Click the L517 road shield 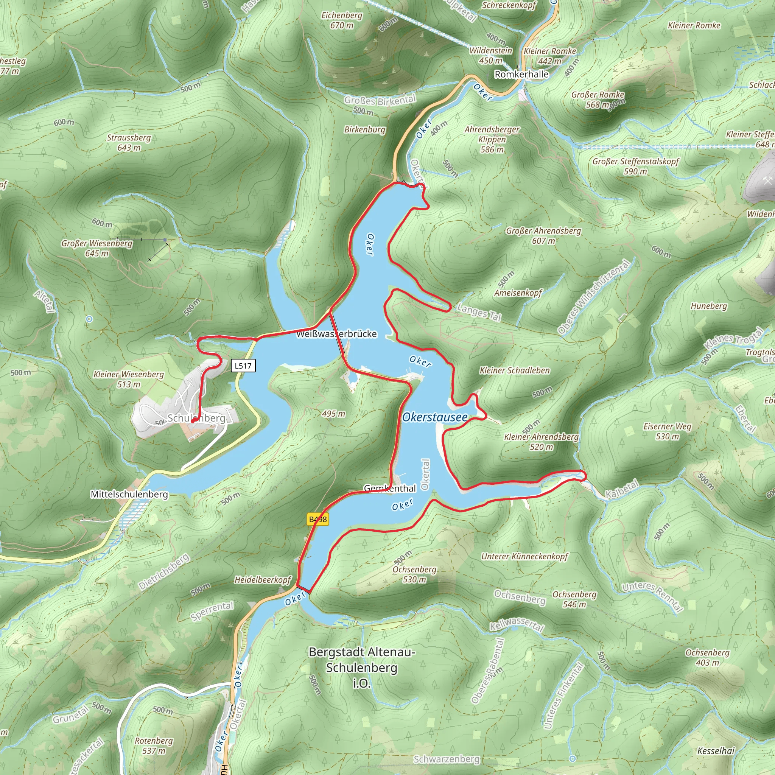point(243,366)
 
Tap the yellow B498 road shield point(318,520)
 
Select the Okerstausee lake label point(435,417)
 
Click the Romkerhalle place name point(521,74)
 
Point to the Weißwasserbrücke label point(336,334)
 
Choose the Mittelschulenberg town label point(129,494)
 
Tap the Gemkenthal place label point(389,488)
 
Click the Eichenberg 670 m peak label point(342,20)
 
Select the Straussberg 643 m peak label point(129,142)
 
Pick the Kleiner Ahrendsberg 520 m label point(541,442)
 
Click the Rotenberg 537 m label point(154,745)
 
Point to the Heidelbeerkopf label point(263,580)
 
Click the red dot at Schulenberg point(193,421)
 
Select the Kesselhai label point(716,750)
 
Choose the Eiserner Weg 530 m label point(667,431)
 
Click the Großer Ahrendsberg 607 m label point(543,235)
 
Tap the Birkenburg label point(365,129)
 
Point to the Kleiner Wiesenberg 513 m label point(129,379)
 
